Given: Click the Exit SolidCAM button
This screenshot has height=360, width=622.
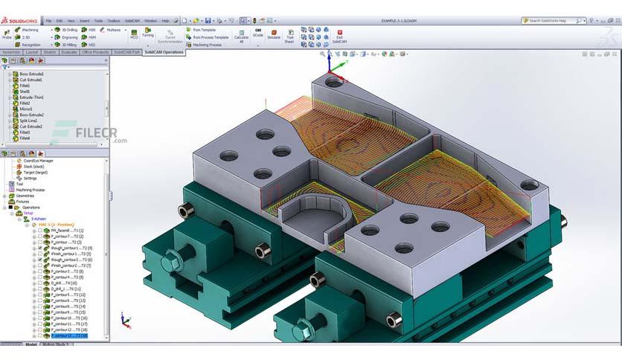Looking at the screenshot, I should coord(340,36).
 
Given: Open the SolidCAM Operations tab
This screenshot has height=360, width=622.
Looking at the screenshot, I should coord(163,52).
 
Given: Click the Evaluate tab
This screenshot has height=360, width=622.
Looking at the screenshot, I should coord(69,52).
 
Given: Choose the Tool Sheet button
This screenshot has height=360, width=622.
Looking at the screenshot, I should coord(289,36).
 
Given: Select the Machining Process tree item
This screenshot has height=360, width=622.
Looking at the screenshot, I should coord(28,190).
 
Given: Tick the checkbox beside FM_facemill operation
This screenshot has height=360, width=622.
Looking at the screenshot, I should coord(39,231).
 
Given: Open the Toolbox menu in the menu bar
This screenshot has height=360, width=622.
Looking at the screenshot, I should coord(114,20).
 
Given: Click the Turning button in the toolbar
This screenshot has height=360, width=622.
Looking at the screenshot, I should coord(148,33).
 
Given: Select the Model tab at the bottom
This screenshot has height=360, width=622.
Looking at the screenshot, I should coord(31,345).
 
